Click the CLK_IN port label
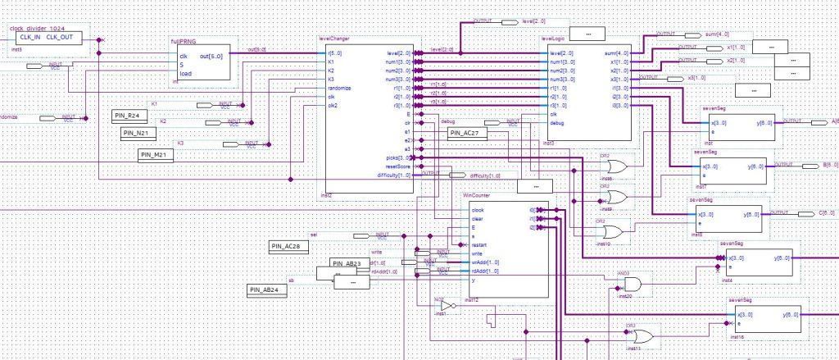tap(25, 37)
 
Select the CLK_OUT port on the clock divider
tap(59, 37)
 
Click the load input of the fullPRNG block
tap(184, 74)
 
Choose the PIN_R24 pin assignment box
tap(133, 114)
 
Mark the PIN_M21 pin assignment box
tap(156, 154)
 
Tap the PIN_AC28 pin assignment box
tap(289, 245)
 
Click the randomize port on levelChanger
tap(339, 88)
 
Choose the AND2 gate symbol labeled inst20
tap(633, 284)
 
